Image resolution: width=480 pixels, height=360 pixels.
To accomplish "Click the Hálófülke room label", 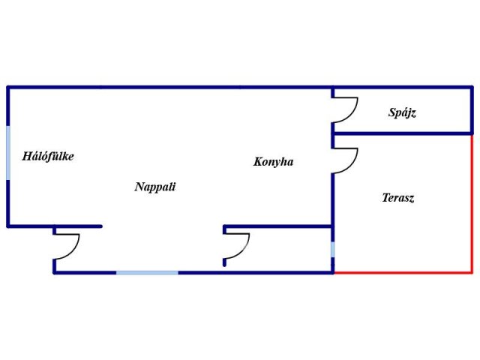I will coord(48,157).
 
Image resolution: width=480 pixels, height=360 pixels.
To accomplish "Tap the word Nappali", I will coord(155,187).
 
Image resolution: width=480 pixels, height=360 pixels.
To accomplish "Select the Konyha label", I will coord(273,161).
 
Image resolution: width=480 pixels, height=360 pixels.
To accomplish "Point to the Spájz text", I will coord(402,113).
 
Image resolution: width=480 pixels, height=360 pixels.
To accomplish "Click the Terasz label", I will coord(398,198).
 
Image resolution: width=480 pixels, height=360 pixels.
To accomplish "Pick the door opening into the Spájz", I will coord(345,112).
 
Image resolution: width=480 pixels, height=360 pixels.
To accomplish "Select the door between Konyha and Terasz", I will coord(345,161).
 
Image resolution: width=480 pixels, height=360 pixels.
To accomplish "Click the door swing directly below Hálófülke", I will coord(67,247).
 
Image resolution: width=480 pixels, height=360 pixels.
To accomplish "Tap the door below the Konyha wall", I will coord(236,247).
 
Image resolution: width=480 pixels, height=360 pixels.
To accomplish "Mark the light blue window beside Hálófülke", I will coord(8,154).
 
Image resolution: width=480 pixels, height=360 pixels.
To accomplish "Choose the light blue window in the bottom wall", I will coord(147,272).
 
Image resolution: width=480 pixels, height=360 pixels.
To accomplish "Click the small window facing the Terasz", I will coord(332,249).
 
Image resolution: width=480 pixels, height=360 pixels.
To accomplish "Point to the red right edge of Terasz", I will coord(472,203).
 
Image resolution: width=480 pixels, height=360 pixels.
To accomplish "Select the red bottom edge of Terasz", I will coord(402,272).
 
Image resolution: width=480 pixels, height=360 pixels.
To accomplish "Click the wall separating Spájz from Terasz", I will coord(402,134).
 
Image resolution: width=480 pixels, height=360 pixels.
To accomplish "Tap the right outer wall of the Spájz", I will coord(472,111).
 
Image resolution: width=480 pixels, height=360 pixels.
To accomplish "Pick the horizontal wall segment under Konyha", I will coord(277,226).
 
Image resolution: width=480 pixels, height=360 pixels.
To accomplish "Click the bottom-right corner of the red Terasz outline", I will coord(472,272).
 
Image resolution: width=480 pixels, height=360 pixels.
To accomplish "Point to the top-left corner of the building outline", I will coord(8,88).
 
